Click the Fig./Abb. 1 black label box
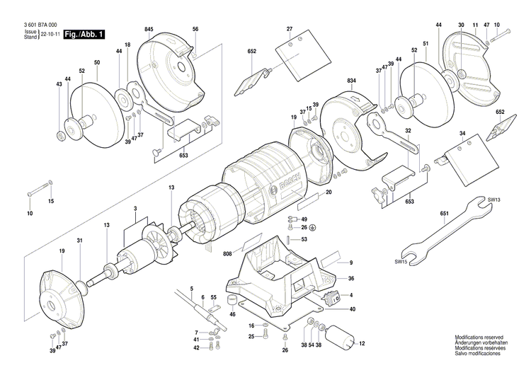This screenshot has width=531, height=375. (x=84, y=34)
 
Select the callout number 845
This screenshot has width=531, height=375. (x=149, y=29)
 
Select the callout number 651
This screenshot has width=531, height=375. (x=444, y=212)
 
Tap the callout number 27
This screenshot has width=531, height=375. (x=289, y=29)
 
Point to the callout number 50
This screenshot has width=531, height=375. (x=97, y=63)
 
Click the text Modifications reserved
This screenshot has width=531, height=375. (x=479, y=339)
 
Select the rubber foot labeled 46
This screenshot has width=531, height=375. (x=231, y=302)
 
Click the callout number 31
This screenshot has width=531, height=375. (x=80, y=241)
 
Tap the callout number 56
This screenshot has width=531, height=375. (x=195, y=29)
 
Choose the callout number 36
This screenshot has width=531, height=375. (x=351, y=279)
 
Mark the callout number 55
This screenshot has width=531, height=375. (x=213, y=297)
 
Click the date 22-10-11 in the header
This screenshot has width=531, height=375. (x=52, y=34)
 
